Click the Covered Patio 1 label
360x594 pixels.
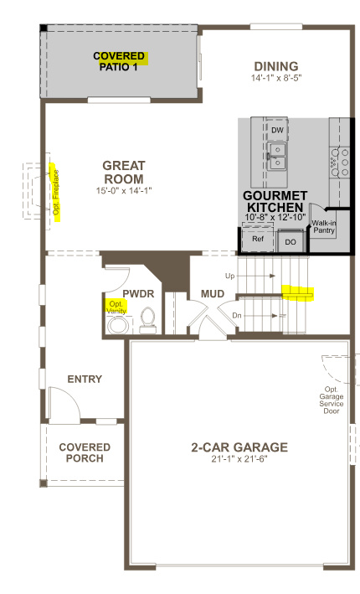[120, 60]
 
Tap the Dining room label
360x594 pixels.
[275, 66]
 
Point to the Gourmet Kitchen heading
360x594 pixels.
[274, 202]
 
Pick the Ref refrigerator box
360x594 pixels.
[258, 239]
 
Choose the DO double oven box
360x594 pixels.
[291, 241]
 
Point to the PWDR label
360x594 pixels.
[136, 295]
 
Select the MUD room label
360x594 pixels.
[212, 294]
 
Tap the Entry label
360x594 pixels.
[85, 379]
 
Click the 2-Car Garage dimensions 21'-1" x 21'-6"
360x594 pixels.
[239, 462]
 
